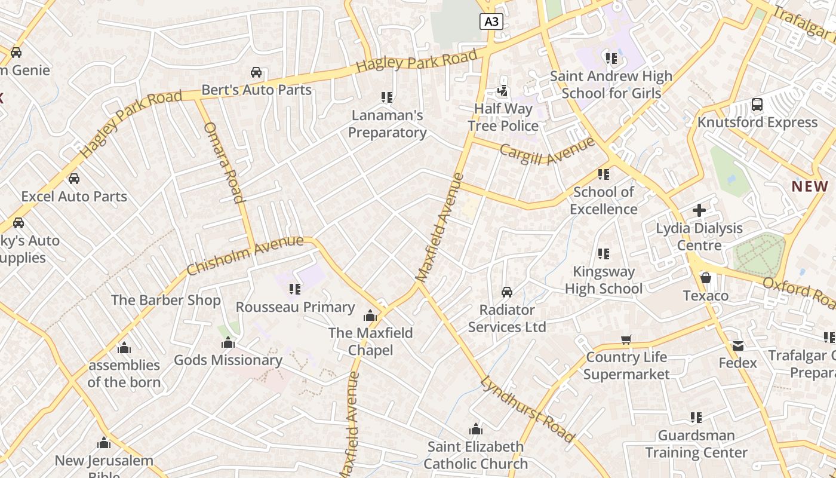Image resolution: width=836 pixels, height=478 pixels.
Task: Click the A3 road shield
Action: tap(491, 22)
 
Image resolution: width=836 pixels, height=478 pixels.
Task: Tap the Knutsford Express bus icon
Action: tap(757, 105)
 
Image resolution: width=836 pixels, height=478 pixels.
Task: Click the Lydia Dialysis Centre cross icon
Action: tap(699, 210)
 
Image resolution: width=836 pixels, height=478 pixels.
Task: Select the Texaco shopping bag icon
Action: tap(705, 278)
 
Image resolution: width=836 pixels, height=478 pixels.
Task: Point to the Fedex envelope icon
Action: tap(737, 345)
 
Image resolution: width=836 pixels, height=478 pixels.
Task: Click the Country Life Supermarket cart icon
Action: tap(626, 339)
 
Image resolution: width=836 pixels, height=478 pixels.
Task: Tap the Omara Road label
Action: tap(223, 163)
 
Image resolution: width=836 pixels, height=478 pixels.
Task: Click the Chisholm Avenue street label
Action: tap(245, 256)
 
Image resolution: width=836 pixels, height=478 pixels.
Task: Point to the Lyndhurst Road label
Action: tap(527, 409)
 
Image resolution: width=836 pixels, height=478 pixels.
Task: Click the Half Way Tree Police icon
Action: tap(503, 91)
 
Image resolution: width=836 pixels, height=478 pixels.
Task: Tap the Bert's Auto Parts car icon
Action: tap(256, 72)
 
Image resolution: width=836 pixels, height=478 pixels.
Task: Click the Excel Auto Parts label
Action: tap(74, 196)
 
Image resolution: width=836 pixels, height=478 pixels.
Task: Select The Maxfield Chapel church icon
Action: tap(370, 315)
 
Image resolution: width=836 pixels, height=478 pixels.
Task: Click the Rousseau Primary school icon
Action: tap(294, 289)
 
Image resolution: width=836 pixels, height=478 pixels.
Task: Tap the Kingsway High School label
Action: tap(604, 280)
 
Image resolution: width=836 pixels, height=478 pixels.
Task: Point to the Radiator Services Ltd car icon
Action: tap(506, 292)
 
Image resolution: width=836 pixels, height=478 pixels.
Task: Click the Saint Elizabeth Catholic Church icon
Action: tap(475, 429)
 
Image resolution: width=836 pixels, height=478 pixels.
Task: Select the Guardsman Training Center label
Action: tap(696, 444)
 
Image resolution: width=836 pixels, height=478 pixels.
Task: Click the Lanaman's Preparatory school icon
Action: tap(386, 97)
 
